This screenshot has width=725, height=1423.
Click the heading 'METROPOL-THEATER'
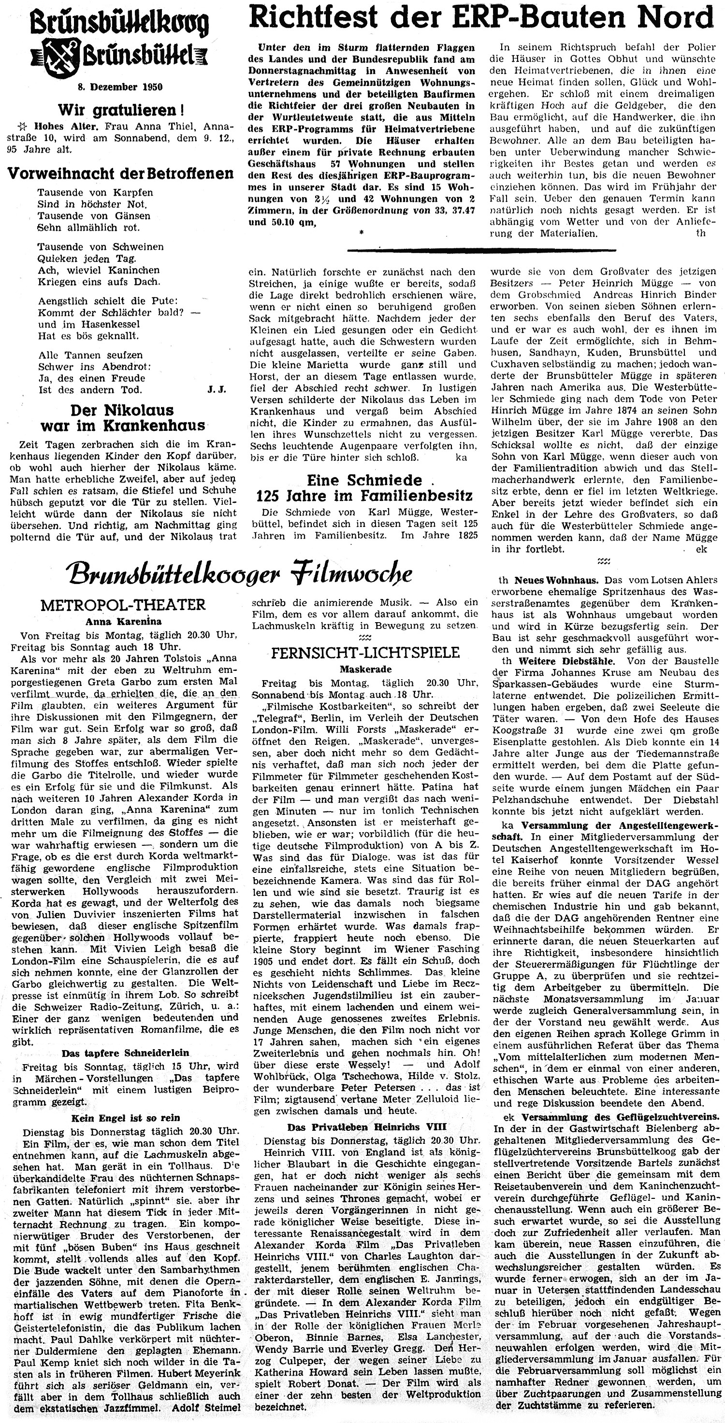click(119, 605)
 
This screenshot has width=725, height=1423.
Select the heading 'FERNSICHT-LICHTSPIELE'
click(365, 653)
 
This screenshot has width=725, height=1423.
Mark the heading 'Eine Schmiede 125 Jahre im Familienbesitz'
click(363, 488)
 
